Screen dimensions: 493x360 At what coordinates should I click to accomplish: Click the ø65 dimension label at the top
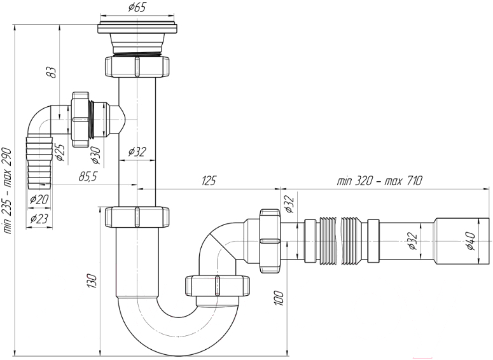click(137, 7)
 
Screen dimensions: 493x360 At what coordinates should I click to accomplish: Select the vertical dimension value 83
click(53, 73)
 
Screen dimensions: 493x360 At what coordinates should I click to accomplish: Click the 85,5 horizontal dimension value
click(87, 177)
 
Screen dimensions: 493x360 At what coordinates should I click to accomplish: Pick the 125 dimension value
click(208, 181)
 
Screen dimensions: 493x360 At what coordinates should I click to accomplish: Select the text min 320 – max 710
click(380, 181)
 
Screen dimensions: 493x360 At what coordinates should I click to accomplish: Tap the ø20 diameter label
click(39, 199)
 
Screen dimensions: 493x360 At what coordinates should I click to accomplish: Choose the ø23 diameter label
click(39, 218)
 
